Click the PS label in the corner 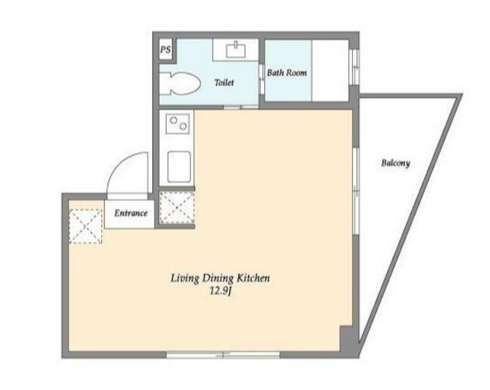point(165,51)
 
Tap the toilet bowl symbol point(178,84)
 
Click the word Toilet point(224,82)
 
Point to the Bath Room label point(287,74)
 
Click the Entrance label point(131,213)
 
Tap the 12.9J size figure point(220,291)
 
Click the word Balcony point(396,162)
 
